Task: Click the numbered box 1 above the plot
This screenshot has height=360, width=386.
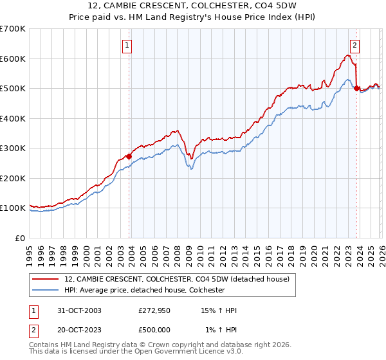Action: click(127, 46)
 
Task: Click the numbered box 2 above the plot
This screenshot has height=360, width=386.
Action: click(354, 46)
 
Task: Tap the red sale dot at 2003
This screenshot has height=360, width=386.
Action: click(129, 156)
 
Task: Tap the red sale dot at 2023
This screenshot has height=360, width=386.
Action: click(356, 89)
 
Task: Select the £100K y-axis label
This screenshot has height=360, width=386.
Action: click(13, 208)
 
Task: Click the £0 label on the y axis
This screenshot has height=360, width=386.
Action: click(19, 238)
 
